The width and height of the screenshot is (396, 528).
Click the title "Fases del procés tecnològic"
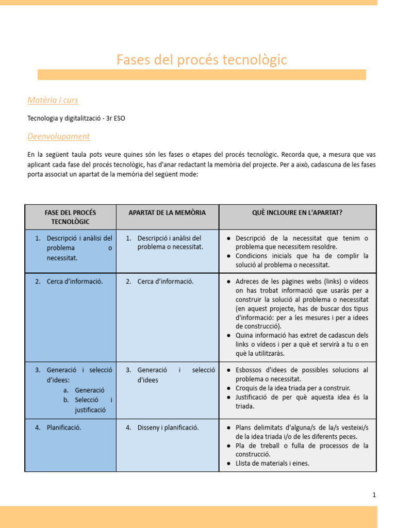pos(202,60)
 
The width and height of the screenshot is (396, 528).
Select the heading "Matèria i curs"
pos(53,100)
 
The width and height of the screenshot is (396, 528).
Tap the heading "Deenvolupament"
pos(58,136)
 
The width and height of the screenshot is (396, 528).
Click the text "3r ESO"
pos(114,118)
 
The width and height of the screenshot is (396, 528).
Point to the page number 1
pos(374,495)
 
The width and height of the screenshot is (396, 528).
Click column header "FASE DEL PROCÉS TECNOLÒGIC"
pos(70,217)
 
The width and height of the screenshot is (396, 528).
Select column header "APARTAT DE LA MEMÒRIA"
pos(167,212)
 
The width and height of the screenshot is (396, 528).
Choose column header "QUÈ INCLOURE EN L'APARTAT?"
pos(298,212)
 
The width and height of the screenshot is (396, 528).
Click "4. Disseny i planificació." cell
pos(168,427)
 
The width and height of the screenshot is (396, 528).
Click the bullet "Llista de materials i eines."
pos(272,463)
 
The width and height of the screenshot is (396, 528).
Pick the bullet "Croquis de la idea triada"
pos(292,388)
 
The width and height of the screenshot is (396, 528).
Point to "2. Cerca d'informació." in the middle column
pos(165,282)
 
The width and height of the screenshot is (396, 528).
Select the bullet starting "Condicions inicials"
pos(302,260)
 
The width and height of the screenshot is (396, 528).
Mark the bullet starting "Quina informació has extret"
pos(302,344)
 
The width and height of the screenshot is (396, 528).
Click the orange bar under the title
pos(202,75)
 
